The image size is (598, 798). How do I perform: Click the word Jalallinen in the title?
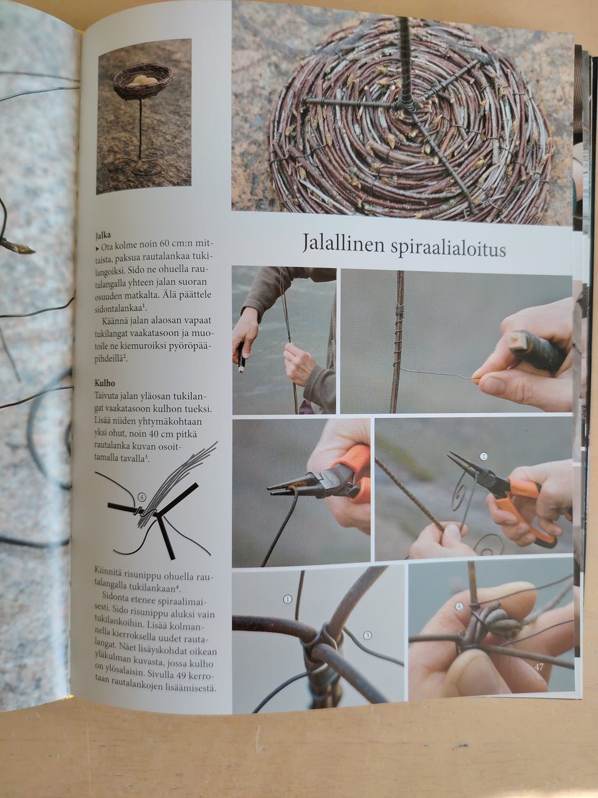[343, 243]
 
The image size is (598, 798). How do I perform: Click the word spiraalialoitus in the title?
[448, 249]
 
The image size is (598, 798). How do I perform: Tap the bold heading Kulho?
[105, 383]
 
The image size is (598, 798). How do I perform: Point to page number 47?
[539, 666]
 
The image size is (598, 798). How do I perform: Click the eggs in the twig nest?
[143, 80]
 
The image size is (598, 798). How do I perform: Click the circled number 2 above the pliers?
[483, 456]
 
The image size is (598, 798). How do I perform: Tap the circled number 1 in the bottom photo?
[287, 598]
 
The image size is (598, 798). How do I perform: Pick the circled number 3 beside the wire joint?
[368, 635]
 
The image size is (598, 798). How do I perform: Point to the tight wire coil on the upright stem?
[400, 311]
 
